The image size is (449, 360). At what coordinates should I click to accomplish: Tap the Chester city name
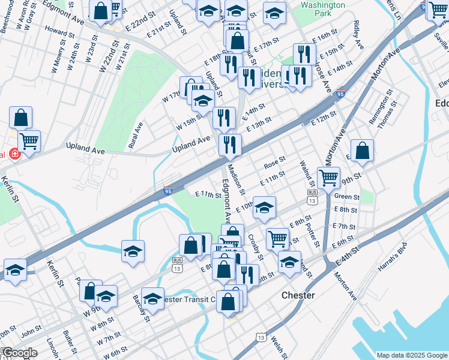298,296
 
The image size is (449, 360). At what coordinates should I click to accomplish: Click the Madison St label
239,182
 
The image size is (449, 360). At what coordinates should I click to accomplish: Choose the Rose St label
274,163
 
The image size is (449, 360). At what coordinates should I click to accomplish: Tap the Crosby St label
256,247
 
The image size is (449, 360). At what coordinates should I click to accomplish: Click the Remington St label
381,107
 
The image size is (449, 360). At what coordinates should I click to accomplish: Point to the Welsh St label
277,346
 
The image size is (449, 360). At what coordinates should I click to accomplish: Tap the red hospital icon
14,154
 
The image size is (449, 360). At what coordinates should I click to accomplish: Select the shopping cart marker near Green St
328,178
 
